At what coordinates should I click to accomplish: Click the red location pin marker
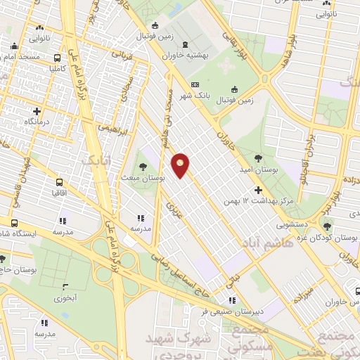click(181, 166)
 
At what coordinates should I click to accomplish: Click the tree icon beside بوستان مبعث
click(143, 167)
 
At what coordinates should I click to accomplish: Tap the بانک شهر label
click(175, 96)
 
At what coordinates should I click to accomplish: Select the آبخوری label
click(67, 298)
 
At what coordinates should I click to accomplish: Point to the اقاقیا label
click(58, 191)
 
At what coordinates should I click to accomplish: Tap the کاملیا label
click(57, 69)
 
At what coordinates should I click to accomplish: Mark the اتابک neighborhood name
click(98, 161)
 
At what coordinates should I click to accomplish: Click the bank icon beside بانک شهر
click(195, 84)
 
